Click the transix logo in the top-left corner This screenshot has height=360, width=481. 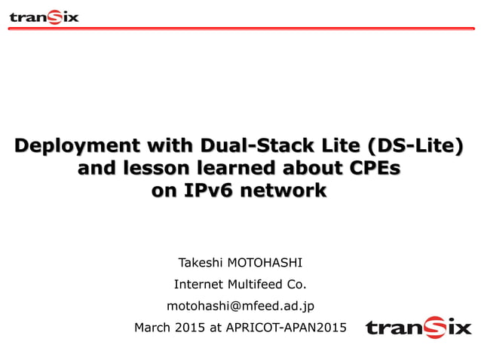pyautogui.click(x=44, y=16)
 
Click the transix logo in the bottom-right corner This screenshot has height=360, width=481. pyautogui.click(x=418, y=327)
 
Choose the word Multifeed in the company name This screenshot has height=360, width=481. pyautogui.click(x=253, y=285)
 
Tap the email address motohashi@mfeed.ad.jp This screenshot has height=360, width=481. pyautogui.click(x=240, y=306)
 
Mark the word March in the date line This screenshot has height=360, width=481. pyautogui.click(x=151, y=327)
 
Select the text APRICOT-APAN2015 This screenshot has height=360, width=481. pyautogui.click(x=285, y=327)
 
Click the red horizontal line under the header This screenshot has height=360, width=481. pyautogui.click(x=240, y=29)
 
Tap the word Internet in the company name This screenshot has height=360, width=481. pyautogui.click(x=198, y=285)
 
